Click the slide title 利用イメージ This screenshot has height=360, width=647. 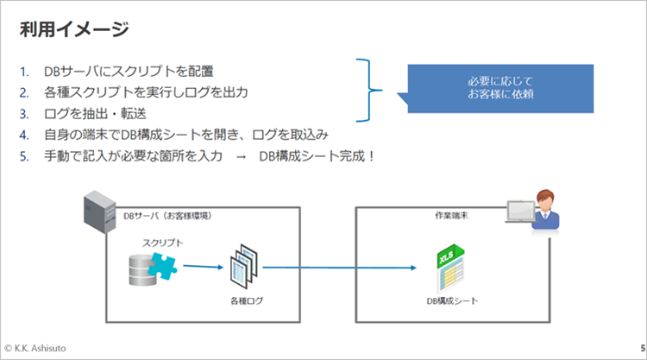click(x=74, y=29)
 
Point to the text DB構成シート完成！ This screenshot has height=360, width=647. click(x=317, y=156)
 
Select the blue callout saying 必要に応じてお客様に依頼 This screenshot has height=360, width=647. click(x=499, y=87)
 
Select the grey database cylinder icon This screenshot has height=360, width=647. click(x=141, y=269)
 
